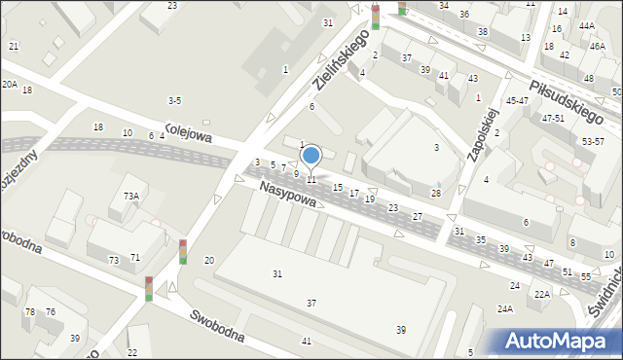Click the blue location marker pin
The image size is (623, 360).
(311, 156)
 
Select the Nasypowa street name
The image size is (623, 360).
(288, 196)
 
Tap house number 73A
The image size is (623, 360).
(130, 196)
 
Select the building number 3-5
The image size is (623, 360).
(174, 100)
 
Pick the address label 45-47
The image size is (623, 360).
(517, 100)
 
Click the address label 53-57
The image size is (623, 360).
(593, 141)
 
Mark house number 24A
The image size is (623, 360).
(504, 308)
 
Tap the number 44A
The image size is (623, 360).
(586, 26)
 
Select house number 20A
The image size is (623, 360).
(9, 85)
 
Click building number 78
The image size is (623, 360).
(30, 311)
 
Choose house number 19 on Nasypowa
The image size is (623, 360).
(370, 198)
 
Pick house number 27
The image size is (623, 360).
(417, 216)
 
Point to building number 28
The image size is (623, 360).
(436, 194)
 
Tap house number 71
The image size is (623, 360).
(135, 257)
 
